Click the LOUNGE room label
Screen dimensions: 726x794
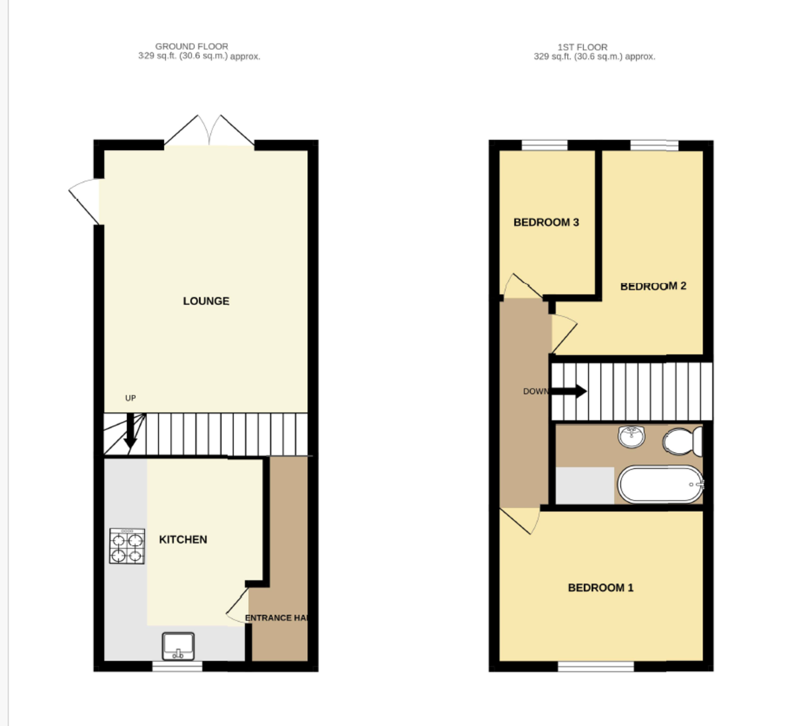206,301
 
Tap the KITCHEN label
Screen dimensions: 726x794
183,540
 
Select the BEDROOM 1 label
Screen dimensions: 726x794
601,587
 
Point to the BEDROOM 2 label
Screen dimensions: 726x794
653,286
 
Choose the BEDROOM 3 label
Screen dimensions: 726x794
546,222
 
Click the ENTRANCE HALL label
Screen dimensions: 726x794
277,618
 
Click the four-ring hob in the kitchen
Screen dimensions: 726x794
127,547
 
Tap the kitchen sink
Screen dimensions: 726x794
179,645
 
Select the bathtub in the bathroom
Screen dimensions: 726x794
660,485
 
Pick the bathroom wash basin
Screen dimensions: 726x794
632,436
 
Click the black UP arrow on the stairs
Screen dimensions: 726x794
131,430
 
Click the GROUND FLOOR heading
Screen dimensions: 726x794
192,46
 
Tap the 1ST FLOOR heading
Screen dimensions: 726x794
582,47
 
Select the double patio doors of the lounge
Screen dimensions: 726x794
209,131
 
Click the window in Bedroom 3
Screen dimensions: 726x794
545,145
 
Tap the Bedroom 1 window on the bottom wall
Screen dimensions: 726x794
595,666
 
